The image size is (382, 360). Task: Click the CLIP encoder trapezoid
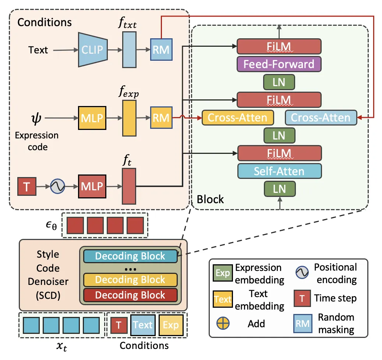[x=93, y=49]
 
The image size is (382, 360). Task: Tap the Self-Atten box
[x=279, y=171]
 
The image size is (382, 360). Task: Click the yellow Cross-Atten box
[x=237, y=117]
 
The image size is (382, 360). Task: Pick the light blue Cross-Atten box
[x=321, y=117]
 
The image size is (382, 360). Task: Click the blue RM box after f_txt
[x=161, y=49]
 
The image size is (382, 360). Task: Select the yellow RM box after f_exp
[x=161, y=118]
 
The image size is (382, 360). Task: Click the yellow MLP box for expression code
[x=92, y=118]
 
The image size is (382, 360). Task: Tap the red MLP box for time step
[x=92, y=187]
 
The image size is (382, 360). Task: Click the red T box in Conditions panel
[x=27, y=187]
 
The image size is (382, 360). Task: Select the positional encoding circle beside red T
[x=58, y=187]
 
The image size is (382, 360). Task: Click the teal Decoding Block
[x=130, y=256]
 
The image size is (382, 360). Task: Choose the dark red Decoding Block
[x=130, y=295]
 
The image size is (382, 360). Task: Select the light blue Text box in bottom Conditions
[x=143, y=325]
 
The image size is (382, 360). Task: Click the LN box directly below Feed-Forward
[x=279, y=82]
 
